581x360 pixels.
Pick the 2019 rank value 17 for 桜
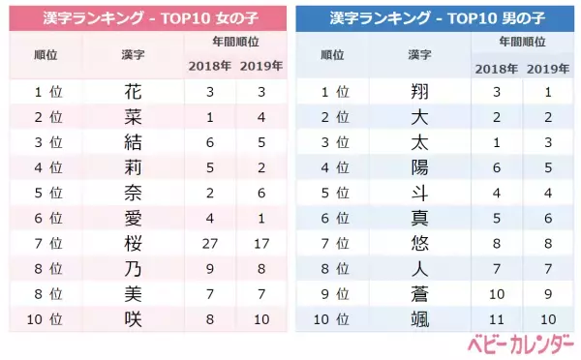(x=260, y=243)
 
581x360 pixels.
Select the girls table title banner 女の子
(x=146, y=18)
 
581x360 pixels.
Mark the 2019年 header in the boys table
(x=546, y=68)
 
